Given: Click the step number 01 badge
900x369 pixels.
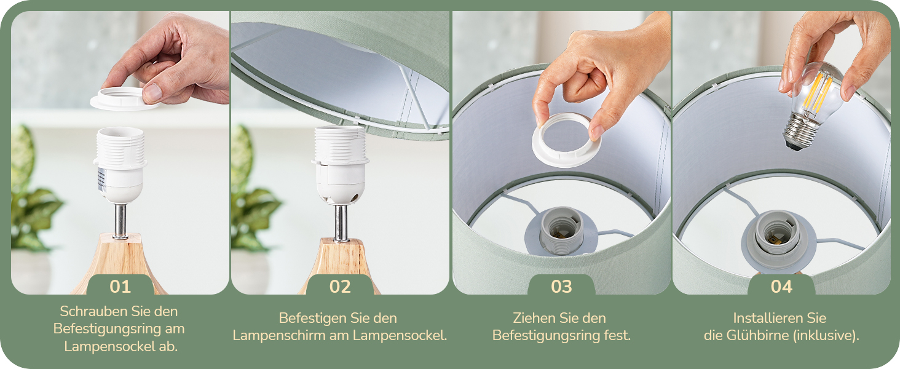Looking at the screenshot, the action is [120, 286].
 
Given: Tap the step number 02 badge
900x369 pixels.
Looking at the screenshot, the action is [340, 286].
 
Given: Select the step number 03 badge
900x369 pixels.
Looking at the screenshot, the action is [561, 286].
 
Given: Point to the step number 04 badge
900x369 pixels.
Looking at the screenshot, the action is [781, 286].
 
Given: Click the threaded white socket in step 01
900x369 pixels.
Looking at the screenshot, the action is [120, 165].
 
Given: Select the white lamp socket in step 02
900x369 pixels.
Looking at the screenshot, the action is [341, 165].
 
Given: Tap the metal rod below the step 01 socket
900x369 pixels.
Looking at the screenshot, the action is [120, 221].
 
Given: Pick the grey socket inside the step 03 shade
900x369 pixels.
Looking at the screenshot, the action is [562, 231].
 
